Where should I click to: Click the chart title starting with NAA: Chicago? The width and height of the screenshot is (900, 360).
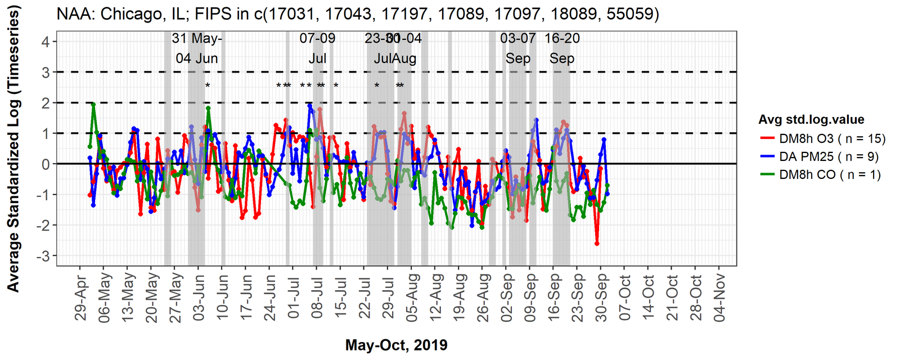coord(358,13)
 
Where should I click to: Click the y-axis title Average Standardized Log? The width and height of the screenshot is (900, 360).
coord(13,148)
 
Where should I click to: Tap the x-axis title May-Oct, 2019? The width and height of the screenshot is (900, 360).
coord(397,345)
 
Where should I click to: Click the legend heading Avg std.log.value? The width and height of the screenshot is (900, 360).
coord(811,119)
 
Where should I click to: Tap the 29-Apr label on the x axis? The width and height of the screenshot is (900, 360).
coord(82,298)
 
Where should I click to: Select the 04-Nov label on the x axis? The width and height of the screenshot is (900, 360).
coord(719,298)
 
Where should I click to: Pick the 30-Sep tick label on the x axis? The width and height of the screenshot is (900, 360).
coord(601,298)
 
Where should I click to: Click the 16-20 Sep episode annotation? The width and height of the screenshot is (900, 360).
coord(562,48)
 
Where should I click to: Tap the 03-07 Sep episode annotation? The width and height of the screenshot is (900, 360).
coord(518,48)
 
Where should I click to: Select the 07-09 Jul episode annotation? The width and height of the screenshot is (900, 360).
coord(317,48)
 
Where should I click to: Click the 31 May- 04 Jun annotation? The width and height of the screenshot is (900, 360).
coord(197,48)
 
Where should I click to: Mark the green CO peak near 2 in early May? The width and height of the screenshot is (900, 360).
coord(93,104)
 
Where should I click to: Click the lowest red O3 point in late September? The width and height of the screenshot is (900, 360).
coord(597,244)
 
